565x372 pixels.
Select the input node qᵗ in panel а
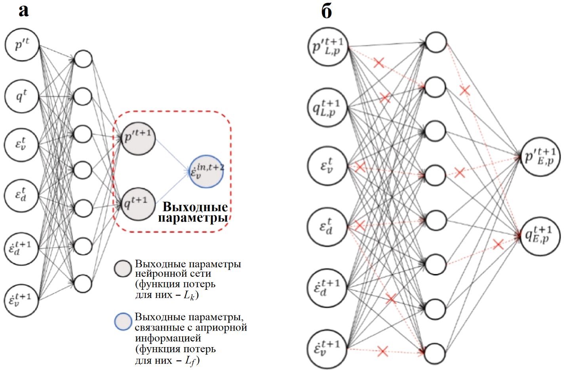point(22,96)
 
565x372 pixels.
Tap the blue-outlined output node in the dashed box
point(206,171)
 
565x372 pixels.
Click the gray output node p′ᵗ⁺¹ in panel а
point(138,138)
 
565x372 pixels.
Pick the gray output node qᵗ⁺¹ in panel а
point(138,204)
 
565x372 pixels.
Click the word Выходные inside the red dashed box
point(195,207)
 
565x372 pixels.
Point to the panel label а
point(24,11)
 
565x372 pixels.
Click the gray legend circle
point(123,268)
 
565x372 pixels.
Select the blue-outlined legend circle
point(123,322)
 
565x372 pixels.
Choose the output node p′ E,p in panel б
point(540,157)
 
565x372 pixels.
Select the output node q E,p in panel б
point(540,236)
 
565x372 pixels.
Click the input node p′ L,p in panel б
point(328,47)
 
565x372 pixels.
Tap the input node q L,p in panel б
point(328,107)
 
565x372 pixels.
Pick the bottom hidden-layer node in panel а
point(83,283)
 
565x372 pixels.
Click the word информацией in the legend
point(168,338)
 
